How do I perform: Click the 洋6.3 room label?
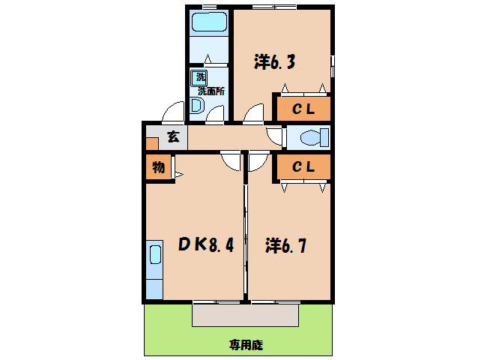tap(273, 62)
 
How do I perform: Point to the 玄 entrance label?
tap(173, 136)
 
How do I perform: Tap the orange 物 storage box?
tap(158, 167)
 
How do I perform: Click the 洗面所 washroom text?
tap(212, 91)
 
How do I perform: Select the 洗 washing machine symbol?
tap(201, 76)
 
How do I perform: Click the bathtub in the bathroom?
tap(209, 22)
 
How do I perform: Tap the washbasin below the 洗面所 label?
tap(196, 106)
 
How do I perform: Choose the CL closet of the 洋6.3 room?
tap(303, 109)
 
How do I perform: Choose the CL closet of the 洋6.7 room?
tap(303, 167)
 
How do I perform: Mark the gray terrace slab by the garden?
tap(246, 314)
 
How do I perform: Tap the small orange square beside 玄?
tap(152, 143)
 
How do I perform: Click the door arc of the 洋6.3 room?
tap(253, 113)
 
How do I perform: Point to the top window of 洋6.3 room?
tap(273, 7)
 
